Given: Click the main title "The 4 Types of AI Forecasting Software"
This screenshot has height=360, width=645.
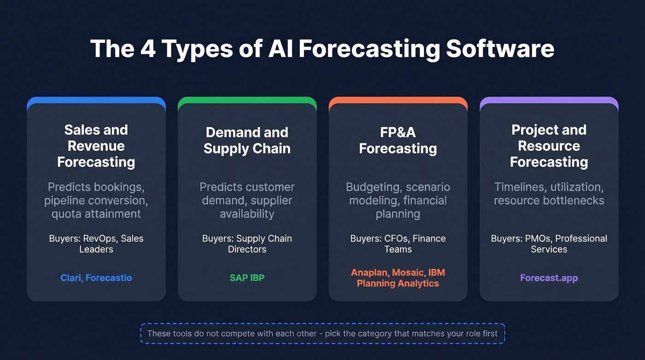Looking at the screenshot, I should coord(322,48).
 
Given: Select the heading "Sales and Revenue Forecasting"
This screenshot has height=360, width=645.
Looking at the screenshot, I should coord(96,146).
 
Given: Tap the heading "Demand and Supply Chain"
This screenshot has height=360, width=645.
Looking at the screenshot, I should coord(247,141).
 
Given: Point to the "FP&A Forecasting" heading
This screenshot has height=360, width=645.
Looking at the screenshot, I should coord(398,141).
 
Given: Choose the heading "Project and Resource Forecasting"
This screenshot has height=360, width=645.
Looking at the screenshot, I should coord(549,146).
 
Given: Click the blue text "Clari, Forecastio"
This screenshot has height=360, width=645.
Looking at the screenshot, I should coord(96,278).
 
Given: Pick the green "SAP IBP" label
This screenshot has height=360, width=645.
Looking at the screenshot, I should coord(247,278).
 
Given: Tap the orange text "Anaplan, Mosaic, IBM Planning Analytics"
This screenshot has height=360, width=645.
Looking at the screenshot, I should coord(398,278).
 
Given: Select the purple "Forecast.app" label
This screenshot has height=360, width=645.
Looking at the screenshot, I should coord(549,278).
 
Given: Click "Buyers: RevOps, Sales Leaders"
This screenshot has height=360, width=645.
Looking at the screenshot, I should coord(96,244).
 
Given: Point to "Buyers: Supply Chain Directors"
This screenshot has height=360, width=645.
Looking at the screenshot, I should coord(247,244).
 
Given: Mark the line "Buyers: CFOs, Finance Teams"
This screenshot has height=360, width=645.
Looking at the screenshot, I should coord(398,244).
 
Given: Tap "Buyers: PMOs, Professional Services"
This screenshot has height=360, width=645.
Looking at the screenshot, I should coord(549,244).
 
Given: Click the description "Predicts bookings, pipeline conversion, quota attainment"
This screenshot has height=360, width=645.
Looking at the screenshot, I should coord(96,201).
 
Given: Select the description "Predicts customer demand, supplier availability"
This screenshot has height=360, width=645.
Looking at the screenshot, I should coord(247,201).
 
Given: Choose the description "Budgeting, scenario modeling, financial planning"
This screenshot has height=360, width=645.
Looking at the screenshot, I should coord(398,201).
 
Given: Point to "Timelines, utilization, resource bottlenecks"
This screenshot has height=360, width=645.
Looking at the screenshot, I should coord(549,194).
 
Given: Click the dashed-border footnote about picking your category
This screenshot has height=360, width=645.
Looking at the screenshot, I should coord(322,334).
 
